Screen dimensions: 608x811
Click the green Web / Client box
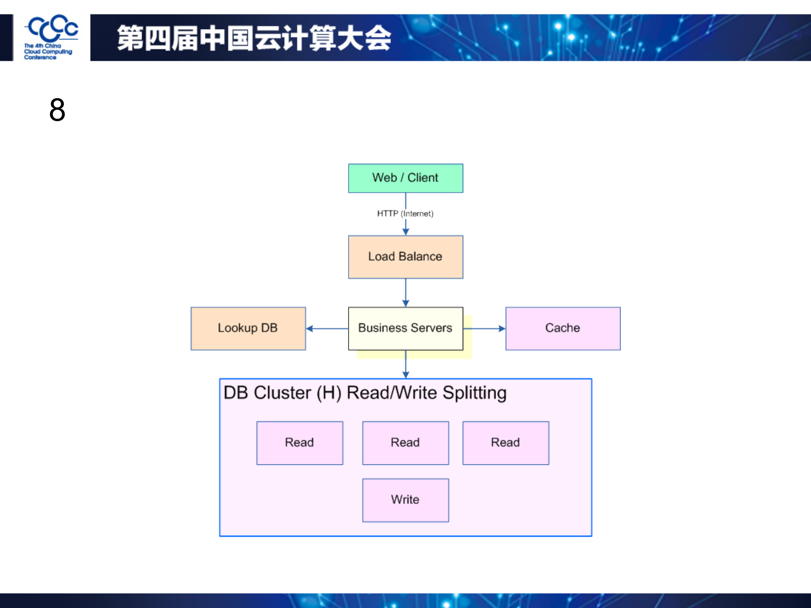pyautogui.click(x=405, y=178)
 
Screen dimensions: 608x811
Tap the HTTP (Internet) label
pyautogui.click(x=405, y=213)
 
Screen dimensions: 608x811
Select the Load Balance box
pyautogui.click(x=405, y=256)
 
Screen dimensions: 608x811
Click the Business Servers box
pyautogui.click(x=405, y=328)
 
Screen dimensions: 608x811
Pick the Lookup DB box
pyautogui.click(x=248, y=328)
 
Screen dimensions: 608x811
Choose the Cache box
pyautogui.click(x=563, y=328)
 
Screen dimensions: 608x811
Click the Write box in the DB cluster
pyautogui.click(x=405, y=500)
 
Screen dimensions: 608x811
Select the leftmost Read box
pyautogui.click(x=299, y=442)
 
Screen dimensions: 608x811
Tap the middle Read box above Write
pyautogui.click(x=405, y=442)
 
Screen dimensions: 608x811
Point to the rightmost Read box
pyautogui.click(x=505, y=442)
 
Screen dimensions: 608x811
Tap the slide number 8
pyautogui.click(x=57, y=110)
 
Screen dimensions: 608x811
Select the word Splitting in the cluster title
pyautogui.click(x=474, y=393)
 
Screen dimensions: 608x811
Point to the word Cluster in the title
pyautogui.click(x=282, y=393)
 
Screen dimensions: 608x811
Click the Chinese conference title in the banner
pyautogui.click(x=254, y=38)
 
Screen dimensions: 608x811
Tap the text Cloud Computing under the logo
pyautogui.click(x=48, y=52)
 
